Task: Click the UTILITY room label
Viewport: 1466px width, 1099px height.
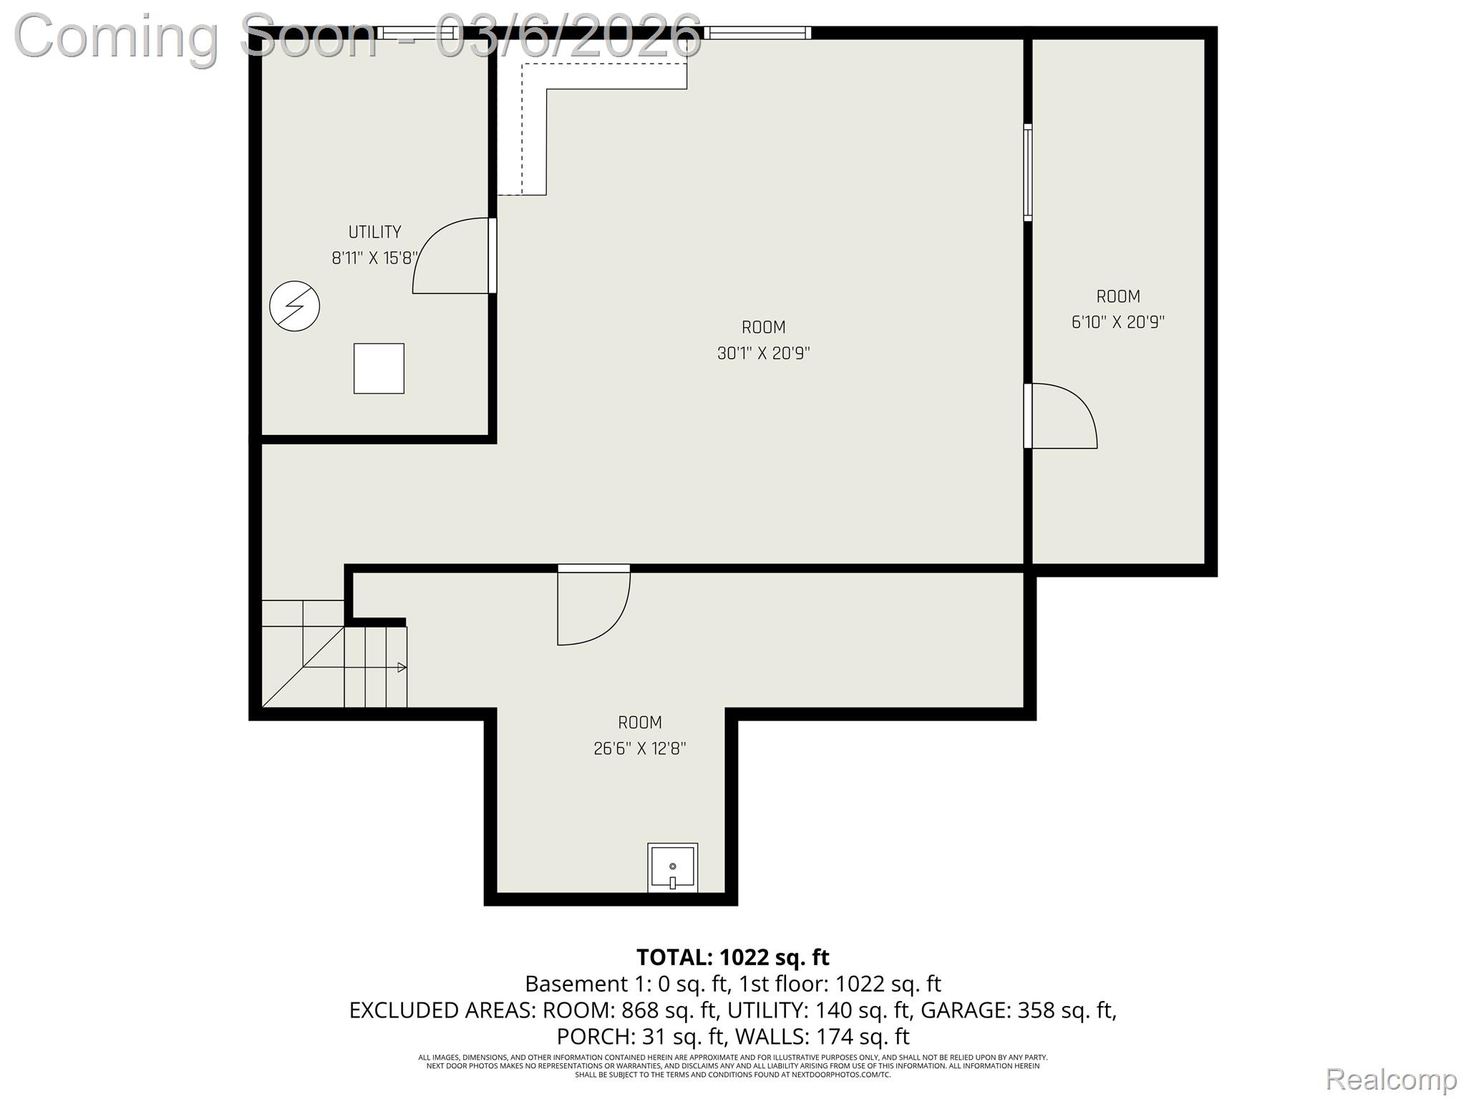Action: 374,232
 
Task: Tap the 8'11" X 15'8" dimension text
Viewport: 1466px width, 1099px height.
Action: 374,258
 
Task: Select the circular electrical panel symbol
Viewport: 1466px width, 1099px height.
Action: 294,306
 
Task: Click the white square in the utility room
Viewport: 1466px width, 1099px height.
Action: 379,368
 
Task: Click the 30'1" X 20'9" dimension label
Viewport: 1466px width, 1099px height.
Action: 763,353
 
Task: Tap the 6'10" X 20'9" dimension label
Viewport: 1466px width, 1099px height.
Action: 1117,323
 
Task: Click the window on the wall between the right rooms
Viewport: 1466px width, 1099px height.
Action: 1028,172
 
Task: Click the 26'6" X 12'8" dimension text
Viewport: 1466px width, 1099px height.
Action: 639,749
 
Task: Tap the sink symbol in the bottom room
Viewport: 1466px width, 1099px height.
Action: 672,868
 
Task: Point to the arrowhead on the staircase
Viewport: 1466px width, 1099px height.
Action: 402,668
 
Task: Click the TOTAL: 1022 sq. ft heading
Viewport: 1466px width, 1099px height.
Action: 732,957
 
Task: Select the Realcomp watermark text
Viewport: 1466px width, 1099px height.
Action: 1391,1079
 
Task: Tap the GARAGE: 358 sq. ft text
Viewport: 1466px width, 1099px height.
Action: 1018,1010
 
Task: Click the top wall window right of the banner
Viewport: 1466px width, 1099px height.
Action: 757,32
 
